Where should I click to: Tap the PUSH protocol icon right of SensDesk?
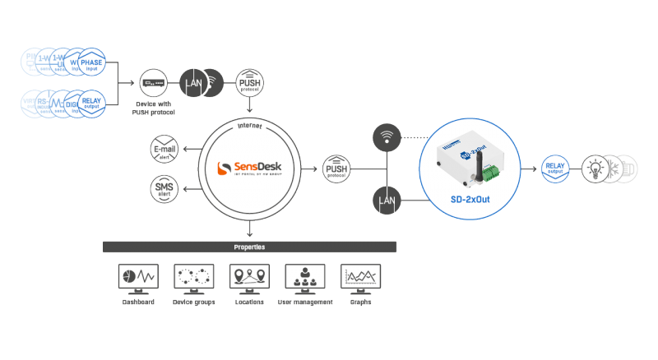tap(336, 167)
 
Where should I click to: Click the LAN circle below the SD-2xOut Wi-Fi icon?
tap(387, 200)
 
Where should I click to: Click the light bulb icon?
tap(594, 168)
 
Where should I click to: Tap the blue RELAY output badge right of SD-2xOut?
tap(555, 168)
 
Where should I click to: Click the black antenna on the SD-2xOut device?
tap(473, 156)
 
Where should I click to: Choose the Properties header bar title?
tap(249, 247)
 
